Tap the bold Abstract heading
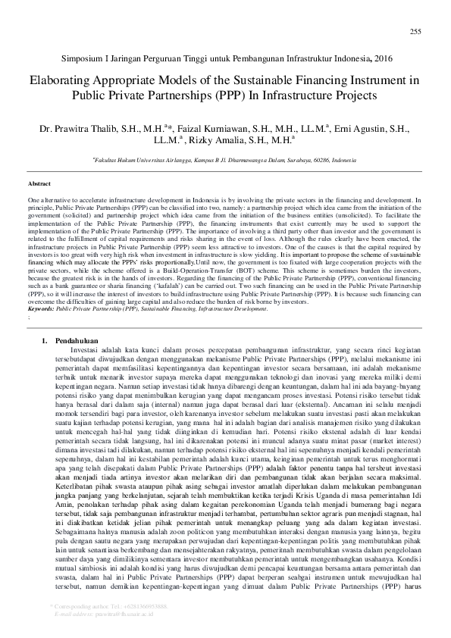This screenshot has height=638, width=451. (x=39, y=184)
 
